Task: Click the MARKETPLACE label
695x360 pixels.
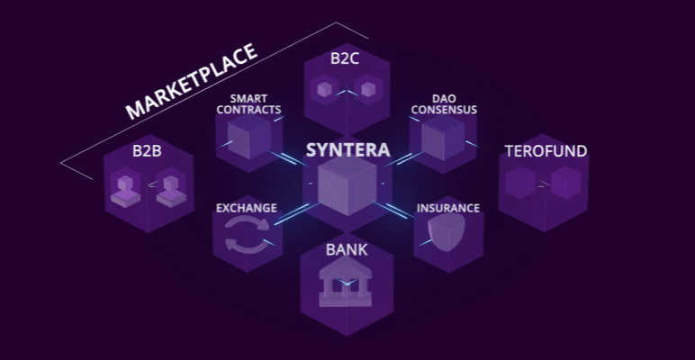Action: pyautogui.click(x=192, y=81)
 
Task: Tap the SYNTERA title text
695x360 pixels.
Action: pyautogui.click(x=347, y=149)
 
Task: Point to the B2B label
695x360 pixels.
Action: pyautogui.click(x=147, y=150)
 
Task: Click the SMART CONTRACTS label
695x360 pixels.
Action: pyautogui.click(x=255, y=104)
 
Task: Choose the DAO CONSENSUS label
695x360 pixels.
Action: pyautogui.click(x=443, y=104)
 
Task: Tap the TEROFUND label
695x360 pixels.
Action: pyautogui.click(x=546, y=151)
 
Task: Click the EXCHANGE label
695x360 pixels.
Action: pyautogui.click(x=246, y=208)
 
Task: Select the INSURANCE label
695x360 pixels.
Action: pyautogui.click(x=447, y=208)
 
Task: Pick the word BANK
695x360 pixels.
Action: pyautogui.click(x=347, y=249)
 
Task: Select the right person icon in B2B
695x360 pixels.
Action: pyautogui.click(x=168, y=189)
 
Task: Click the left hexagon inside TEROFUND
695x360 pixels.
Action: pyautogui.click(x=523, y=184)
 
